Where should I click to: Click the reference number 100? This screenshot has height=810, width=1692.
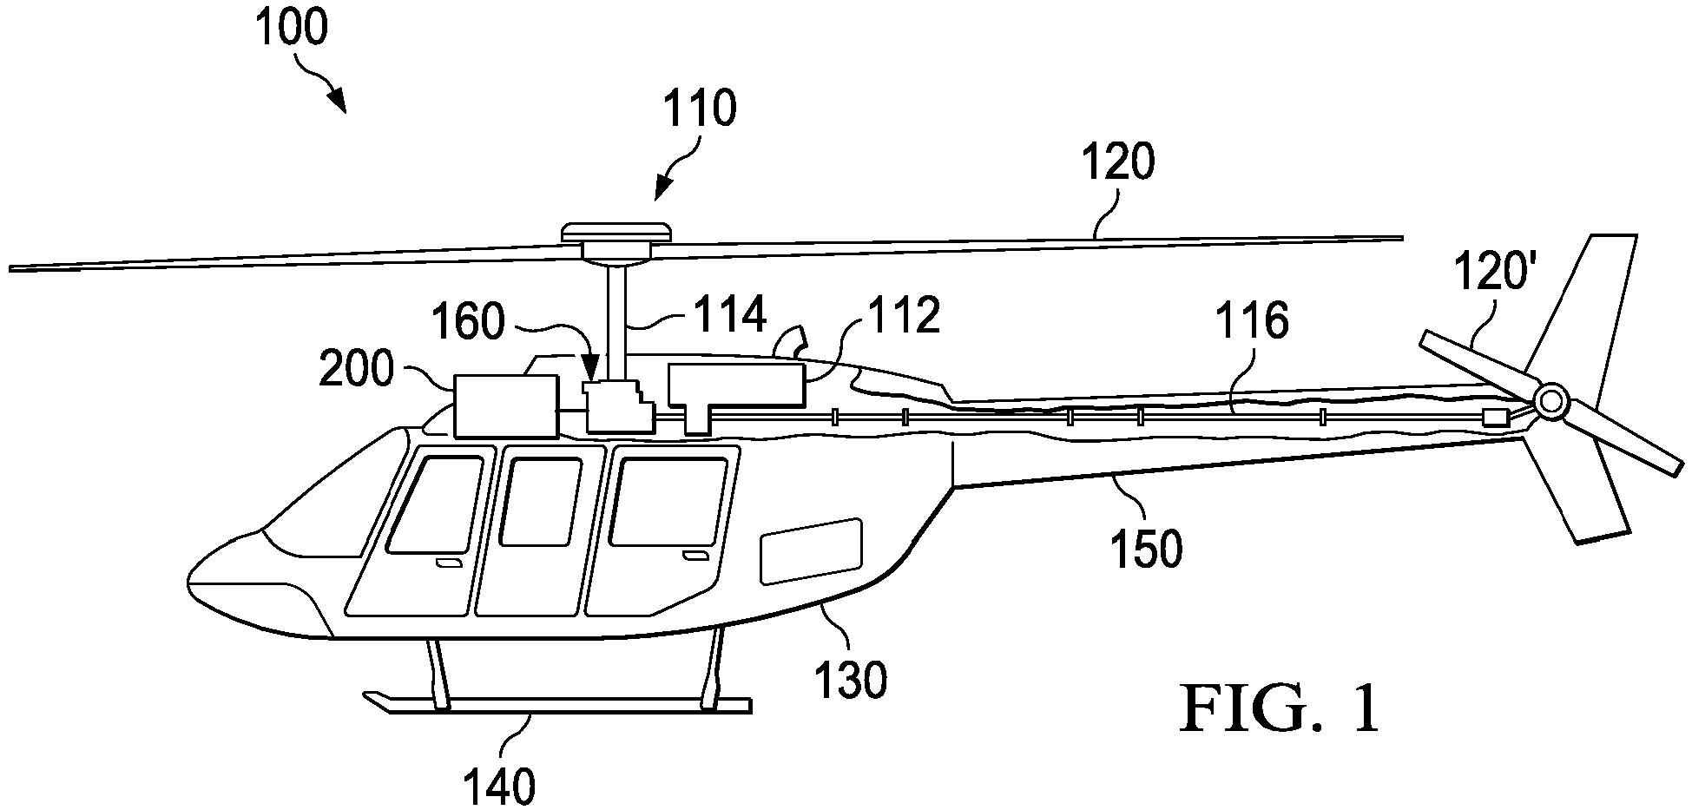click(292, 29)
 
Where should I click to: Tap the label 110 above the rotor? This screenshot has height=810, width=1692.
click(700, 109)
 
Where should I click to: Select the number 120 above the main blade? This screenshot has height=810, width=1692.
click(1118, 162)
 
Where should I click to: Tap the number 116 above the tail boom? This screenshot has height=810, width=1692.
click(1252, 322)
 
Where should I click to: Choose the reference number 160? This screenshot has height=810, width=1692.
click(469, 322)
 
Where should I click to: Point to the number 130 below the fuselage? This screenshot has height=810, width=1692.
click(850, 680)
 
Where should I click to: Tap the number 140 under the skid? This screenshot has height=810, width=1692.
click(498, 787)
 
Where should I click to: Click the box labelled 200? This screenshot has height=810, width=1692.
click(505, 405)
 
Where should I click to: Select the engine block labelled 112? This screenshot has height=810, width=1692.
click(734, 392)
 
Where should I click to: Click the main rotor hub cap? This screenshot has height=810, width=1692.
click(618, 233)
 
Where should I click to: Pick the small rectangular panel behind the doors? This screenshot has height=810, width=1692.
click(811, 551)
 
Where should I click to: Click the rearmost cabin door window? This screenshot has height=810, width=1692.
click(668, 502)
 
